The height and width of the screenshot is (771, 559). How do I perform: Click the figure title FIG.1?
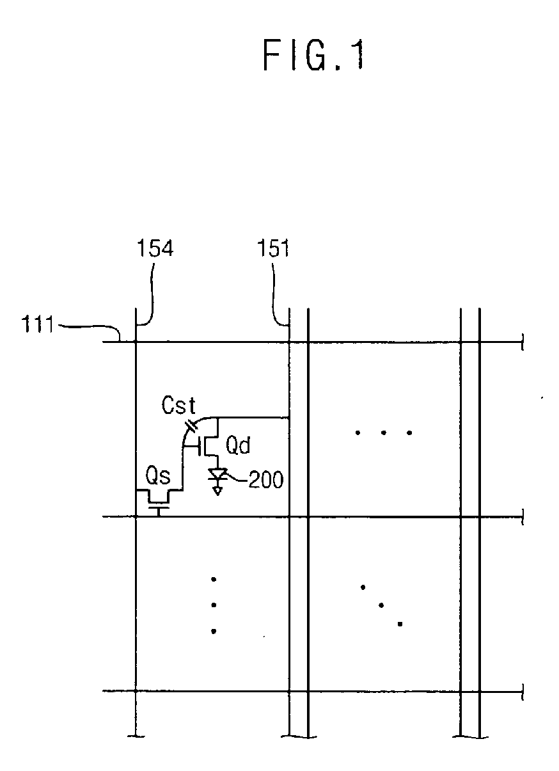pos(314,55)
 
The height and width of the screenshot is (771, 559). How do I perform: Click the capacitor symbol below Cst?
pos(191,425)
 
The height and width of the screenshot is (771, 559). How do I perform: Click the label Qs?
pos(156,476)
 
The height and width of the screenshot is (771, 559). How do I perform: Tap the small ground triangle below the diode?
pos(218,491)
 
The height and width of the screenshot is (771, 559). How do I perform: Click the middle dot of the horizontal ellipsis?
pos(382,433)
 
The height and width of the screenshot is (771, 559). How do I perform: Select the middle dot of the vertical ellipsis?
pos(214,605)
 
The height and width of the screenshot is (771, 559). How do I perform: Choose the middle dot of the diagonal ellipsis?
pos(381,605)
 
